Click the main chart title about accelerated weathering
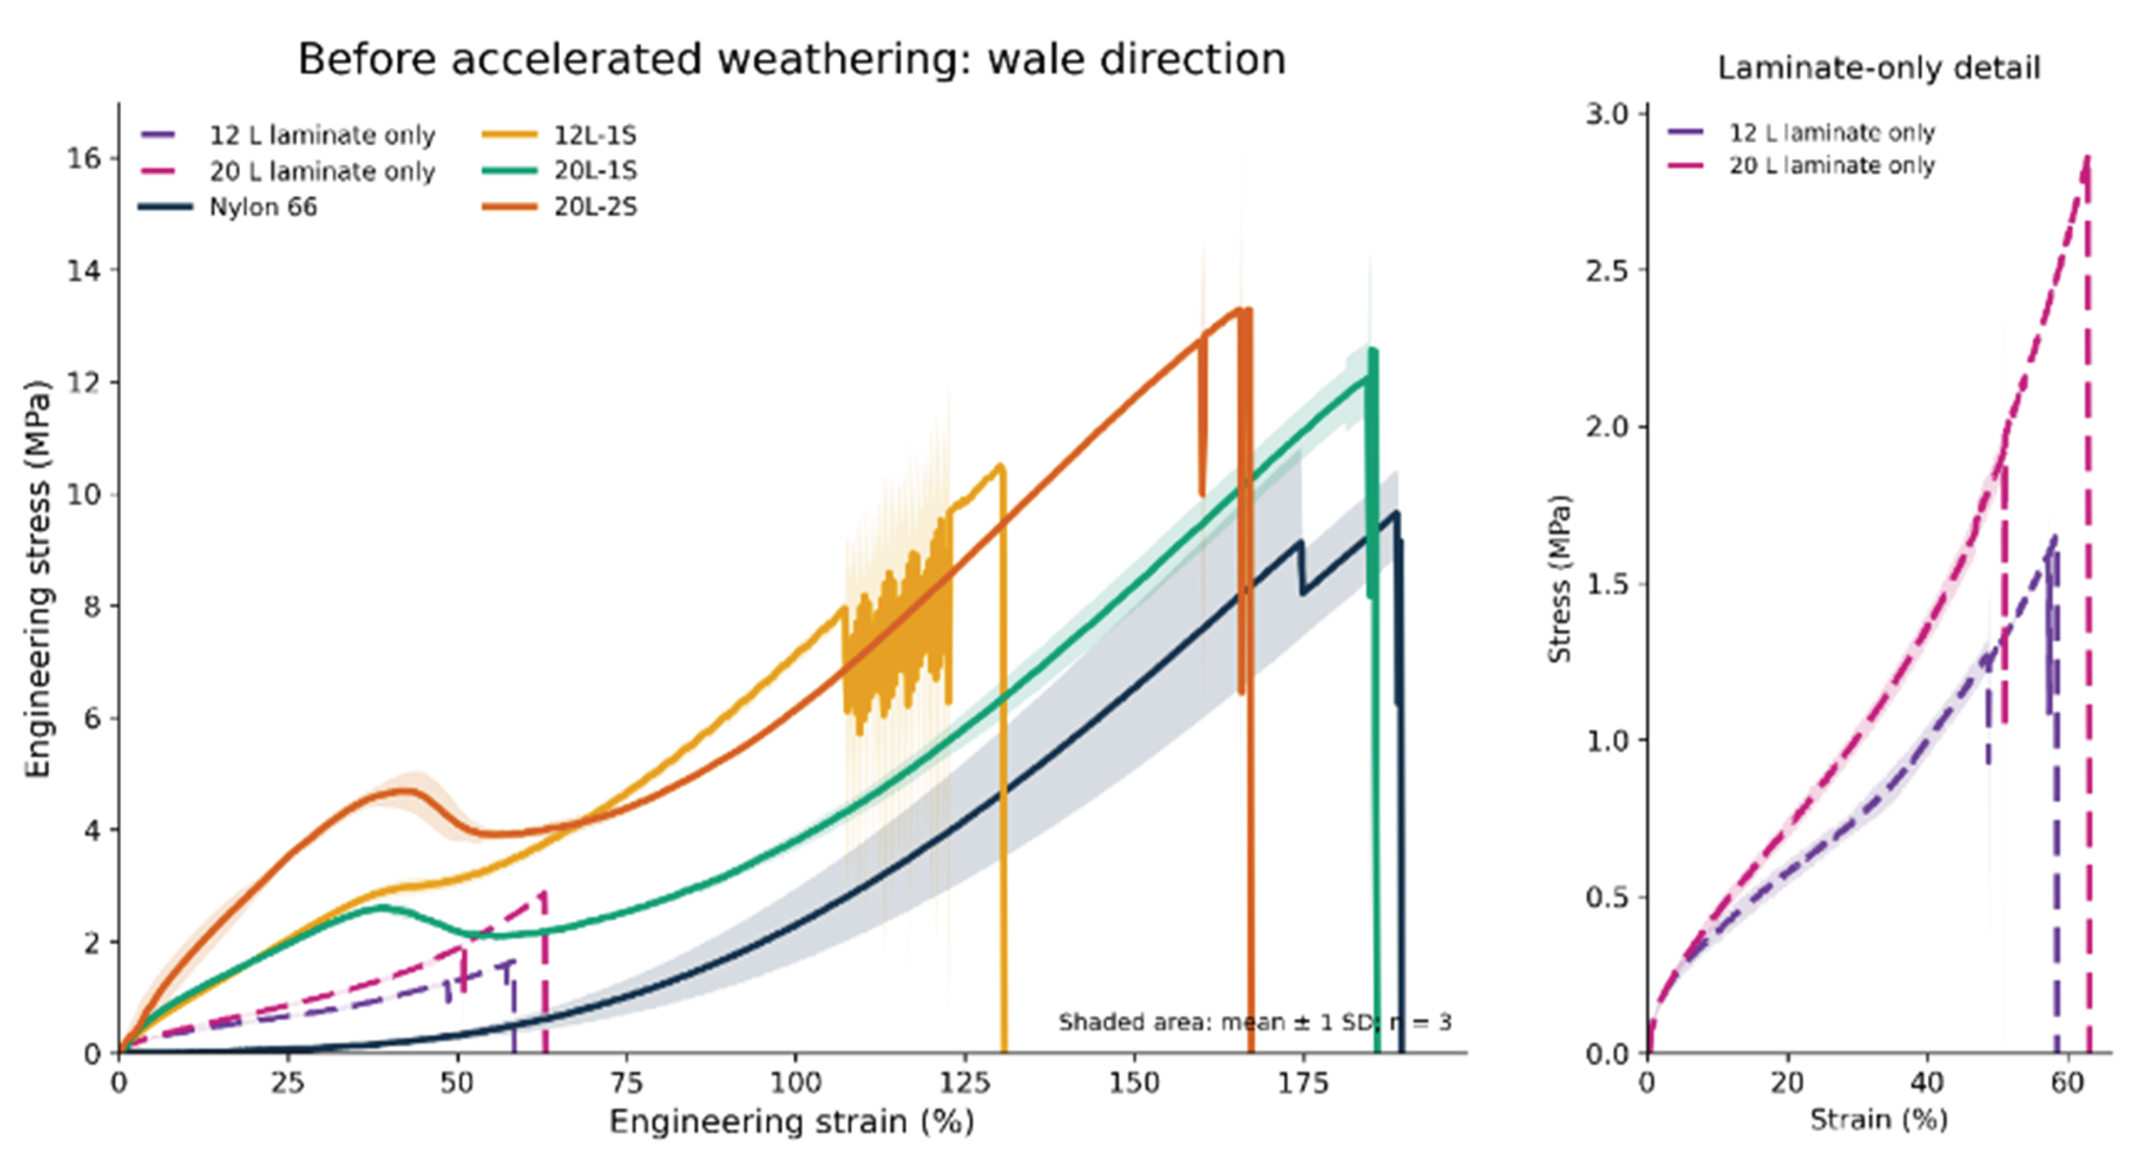[791, 60]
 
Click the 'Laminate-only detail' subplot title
[1879, 68]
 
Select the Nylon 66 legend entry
[228, 206]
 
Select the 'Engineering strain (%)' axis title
[792, 1122]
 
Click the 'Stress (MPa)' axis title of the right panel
[1559, 579]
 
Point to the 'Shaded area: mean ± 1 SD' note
[1255, 1022]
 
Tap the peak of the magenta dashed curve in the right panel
[2087, 157]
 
